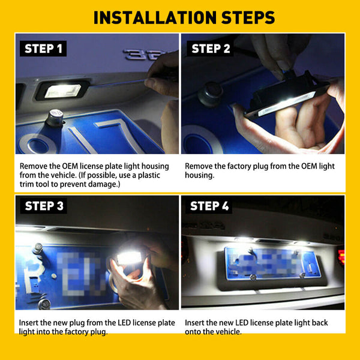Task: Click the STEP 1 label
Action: click(x=43, y=49)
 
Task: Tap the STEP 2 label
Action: click(x=211, y=49)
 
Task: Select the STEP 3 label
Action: click(x=44, y=206)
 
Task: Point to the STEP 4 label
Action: click(x=209, y=206)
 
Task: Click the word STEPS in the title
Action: click(x=248, y=17)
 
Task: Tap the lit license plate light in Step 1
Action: click(x=62, y=91)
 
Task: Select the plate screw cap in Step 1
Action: click(x=55, y=118)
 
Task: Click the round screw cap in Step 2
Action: click(x=211, y=94)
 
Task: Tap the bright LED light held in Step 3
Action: click(x=129, y=257)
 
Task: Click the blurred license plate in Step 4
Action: click(x=272, y=263)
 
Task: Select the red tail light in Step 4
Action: click(x=341, y=256)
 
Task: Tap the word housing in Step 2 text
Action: click(x=199, y=175)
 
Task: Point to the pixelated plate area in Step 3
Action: click(x=79, y=273)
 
